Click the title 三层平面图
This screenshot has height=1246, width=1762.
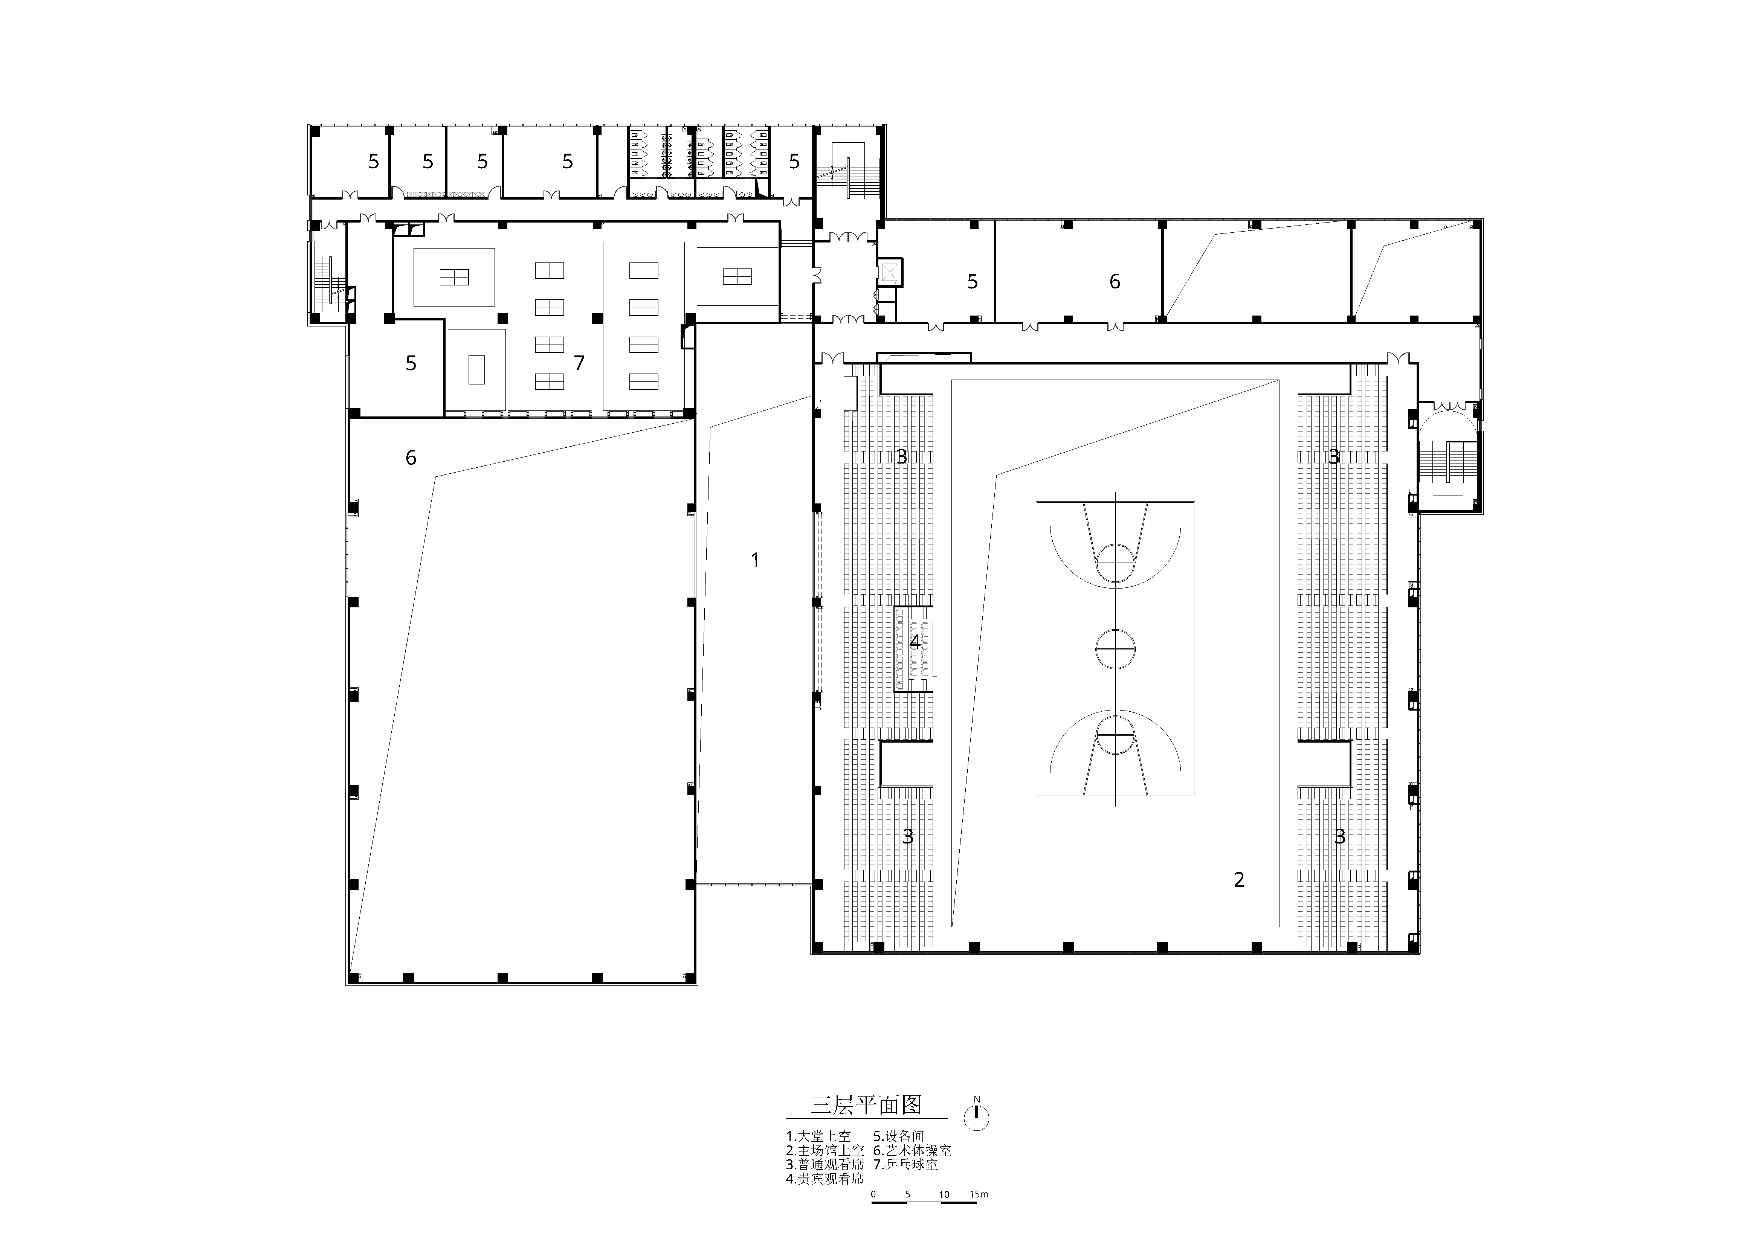tap(866, 1105)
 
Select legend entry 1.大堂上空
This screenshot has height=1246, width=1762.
tap(818, 1136)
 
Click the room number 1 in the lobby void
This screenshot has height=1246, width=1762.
tap(755, 561)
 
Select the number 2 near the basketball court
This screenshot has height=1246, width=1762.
tap(1238, 880)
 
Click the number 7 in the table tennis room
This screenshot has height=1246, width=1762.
tap(579, 363)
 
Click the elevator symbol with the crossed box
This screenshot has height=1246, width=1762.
tap(890, 271)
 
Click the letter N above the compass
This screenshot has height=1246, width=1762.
tap(977, 1099)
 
